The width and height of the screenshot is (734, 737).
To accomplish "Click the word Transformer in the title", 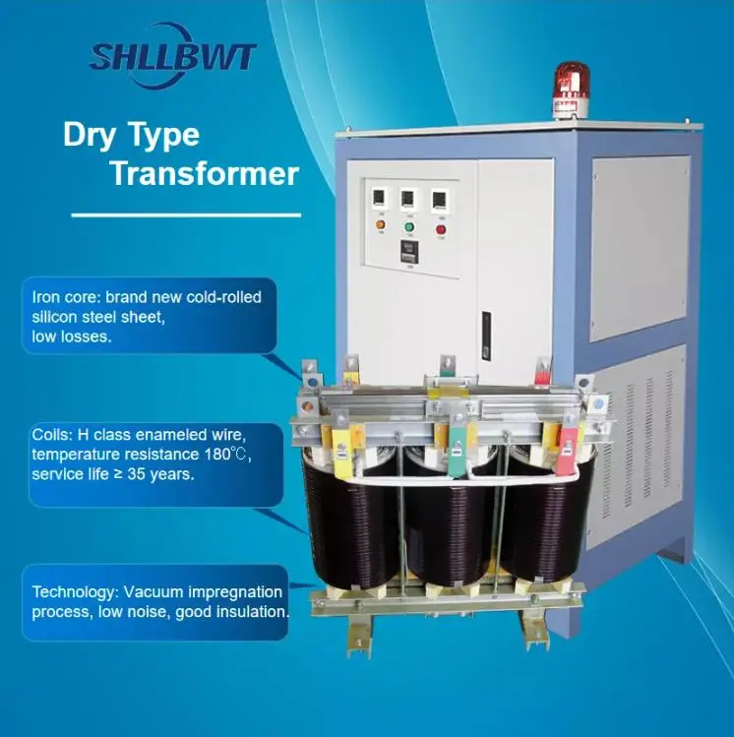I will (204, 173).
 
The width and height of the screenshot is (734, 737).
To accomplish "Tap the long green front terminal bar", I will (458, 444).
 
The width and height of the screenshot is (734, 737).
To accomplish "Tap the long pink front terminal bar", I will (568, 442).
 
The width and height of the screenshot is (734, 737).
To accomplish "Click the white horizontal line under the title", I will (186, 214).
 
